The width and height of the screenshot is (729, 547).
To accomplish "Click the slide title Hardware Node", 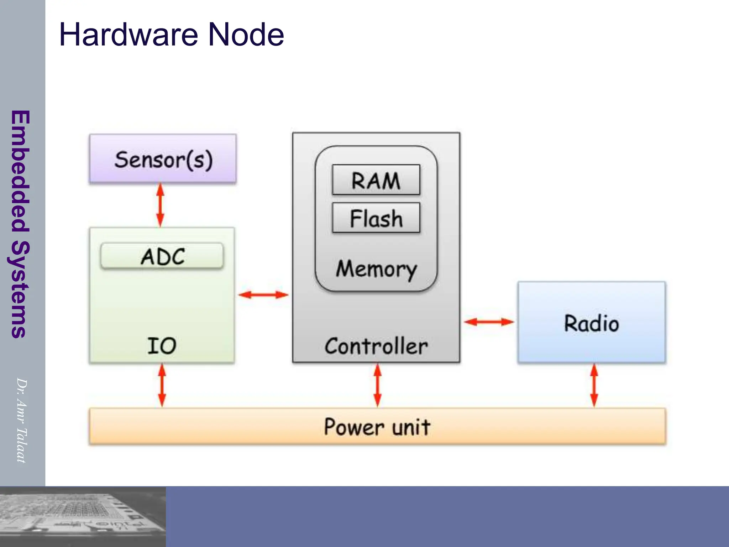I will point(171,35).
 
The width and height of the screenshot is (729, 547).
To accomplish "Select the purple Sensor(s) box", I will point(163,159).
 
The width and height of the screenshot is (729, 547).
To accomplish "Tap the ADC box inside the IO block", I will point(162,256).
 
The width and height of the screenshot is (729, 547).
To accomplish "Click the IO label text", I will point(162,345).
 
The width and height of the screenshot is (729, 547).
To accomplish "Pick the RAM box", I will point(376,180).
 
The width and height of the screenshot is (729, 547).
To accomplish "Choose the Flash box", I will point(376,218).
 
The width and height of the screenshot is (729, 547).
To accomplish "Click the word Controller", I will point(376,346).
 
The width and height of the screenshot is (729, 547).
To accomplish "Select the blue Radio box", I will point(591,322).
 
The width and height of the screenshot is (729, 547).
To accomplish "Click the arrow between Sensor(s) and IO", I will point(161,205).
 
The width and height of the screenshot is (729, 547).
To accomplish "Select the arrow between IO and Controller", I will point(263,295).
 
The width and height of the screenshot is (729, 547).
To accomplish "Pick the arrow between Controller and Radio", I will point(489,322).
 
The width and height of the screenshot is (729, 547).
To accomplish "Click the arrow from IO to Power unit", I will point(162,385).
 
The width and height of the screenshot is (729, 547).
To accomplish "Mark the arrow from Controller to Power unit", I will point(378,385).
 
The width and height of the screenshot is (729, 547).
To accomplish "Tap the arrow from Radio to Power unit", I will point(594,385).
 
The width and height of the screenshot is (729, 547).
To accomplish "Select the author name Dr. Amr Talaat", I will point(21,420).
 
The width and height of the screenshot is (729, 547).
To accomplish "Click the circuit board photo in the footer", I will point(83,516).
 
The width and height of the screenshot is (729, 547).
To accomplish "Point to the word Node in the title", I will point(246,35).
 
